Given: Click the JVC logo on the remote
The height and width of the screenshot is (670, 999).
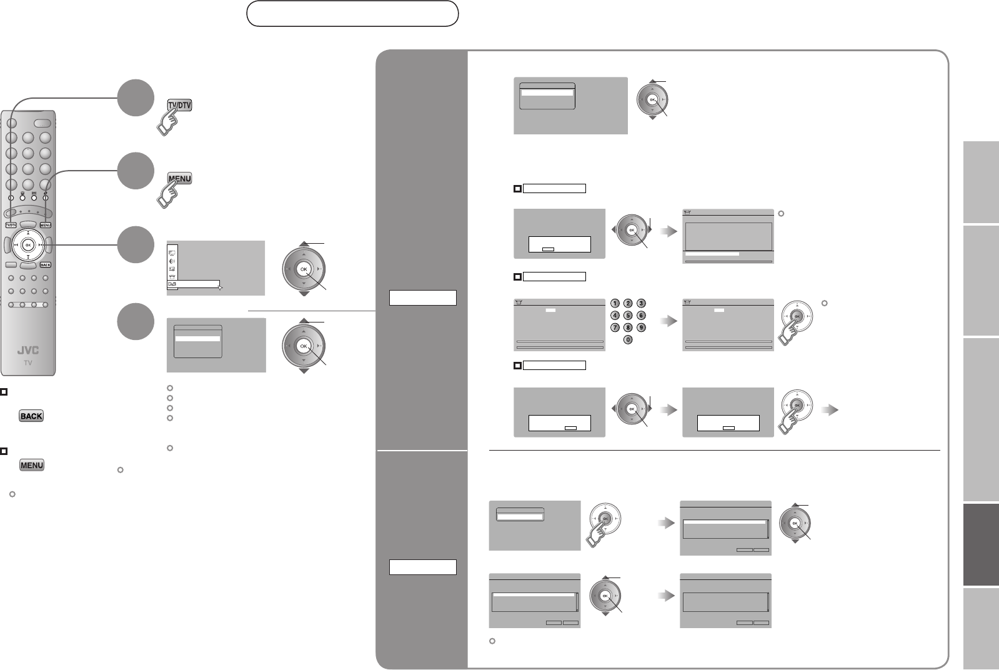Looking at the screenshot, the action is (28, 351).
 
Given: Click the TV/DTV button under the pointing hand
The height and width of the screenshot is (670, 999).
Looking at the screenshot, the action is (179, 105).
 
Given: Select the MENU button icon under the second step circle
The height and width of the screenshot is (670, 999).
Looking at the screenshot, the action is (179, 179).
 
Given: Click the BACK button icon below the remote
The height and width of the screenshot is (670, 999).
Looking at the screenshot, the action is (31, 416).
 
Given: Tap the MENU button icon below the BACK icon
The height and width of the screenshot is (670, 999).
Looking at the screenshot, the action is (31, 465).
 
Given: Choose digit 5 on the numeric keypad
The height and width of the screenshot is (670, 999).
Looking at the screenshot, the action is (628, 316).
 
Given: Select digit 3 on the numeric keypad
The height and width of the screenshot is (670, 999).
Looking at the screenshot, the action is (640, 303).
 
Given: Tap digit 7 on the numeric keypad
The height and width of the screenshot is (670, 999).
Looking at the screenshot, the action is (615, 327).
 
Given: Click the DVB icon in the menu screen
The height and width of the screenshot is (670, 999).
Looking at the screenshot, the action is (172, 284).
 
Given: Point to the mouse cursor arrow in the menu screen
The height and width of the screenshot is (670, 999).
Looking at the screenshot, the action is (220, 287).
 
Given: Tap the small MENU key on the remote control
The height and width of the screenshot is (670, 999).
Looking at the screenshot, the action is (45, 225).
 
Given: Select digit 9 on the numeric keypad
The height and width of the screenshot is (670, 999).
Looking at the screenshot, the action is (640, 327).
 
